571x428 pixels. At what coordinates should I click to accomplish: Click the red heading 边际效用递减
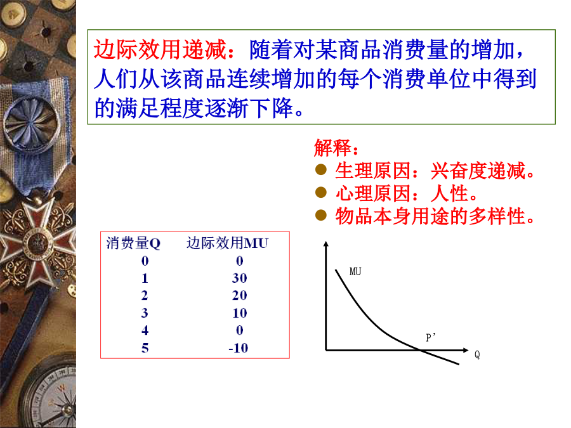click(x=161, y=49)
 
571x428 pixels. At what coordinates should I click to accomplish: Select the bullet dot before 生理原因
click(x=321, y=169)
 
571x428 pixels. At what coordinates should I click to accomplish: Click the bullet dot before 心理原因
click(x=321, y=192)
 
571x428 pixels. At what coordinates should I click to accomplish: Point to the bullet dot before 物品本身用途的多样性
click(x=321, y=215)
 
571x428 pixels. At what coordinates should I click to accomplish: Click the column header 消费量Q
click(x=133, y=243)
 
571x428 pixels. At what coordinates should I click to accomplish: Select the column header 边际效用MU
click(x=228, y=243)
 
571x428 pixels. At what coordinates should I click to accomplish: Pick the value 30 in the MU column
click(x=239, y=278)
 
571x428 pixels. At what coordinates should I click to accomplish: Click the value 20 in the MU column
click(x=239, y=295)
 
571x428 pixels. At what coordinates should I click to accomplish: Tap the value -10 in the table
click(x=238, y=348)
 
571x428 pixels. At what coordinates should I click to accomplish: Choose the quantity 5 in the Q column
click(x=145, y=348)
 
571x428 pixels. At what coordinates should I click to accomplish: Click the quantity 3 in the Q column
click(x=145, y=313)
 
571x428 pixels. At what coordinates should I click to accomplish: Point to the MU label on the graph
click(x=355, y=271)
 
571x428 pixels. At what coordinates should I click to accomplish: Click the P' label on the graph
click(x=431, y=337)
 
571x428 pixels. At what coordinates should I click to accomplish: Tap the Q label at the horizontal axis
click(x=477, y=354)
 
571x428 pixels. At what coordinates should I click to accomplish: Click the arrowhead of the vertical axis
click(x=326, y=244)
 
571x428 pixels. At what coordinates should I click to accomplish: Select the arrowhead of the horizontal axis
click(x=466, y=350)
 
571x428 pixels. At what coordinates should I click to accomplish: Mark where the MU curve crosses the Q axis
click(x=419, y=350)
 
